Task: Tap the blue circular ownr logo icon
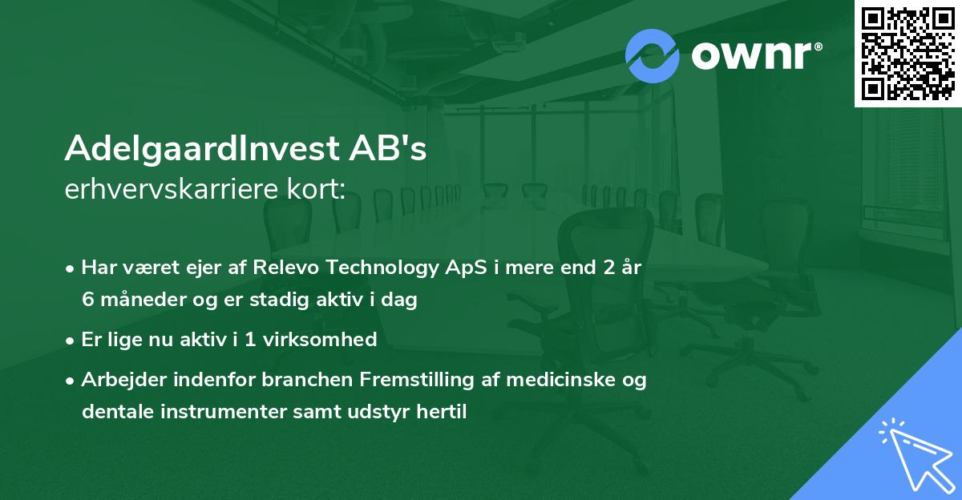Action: [653, 55]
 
